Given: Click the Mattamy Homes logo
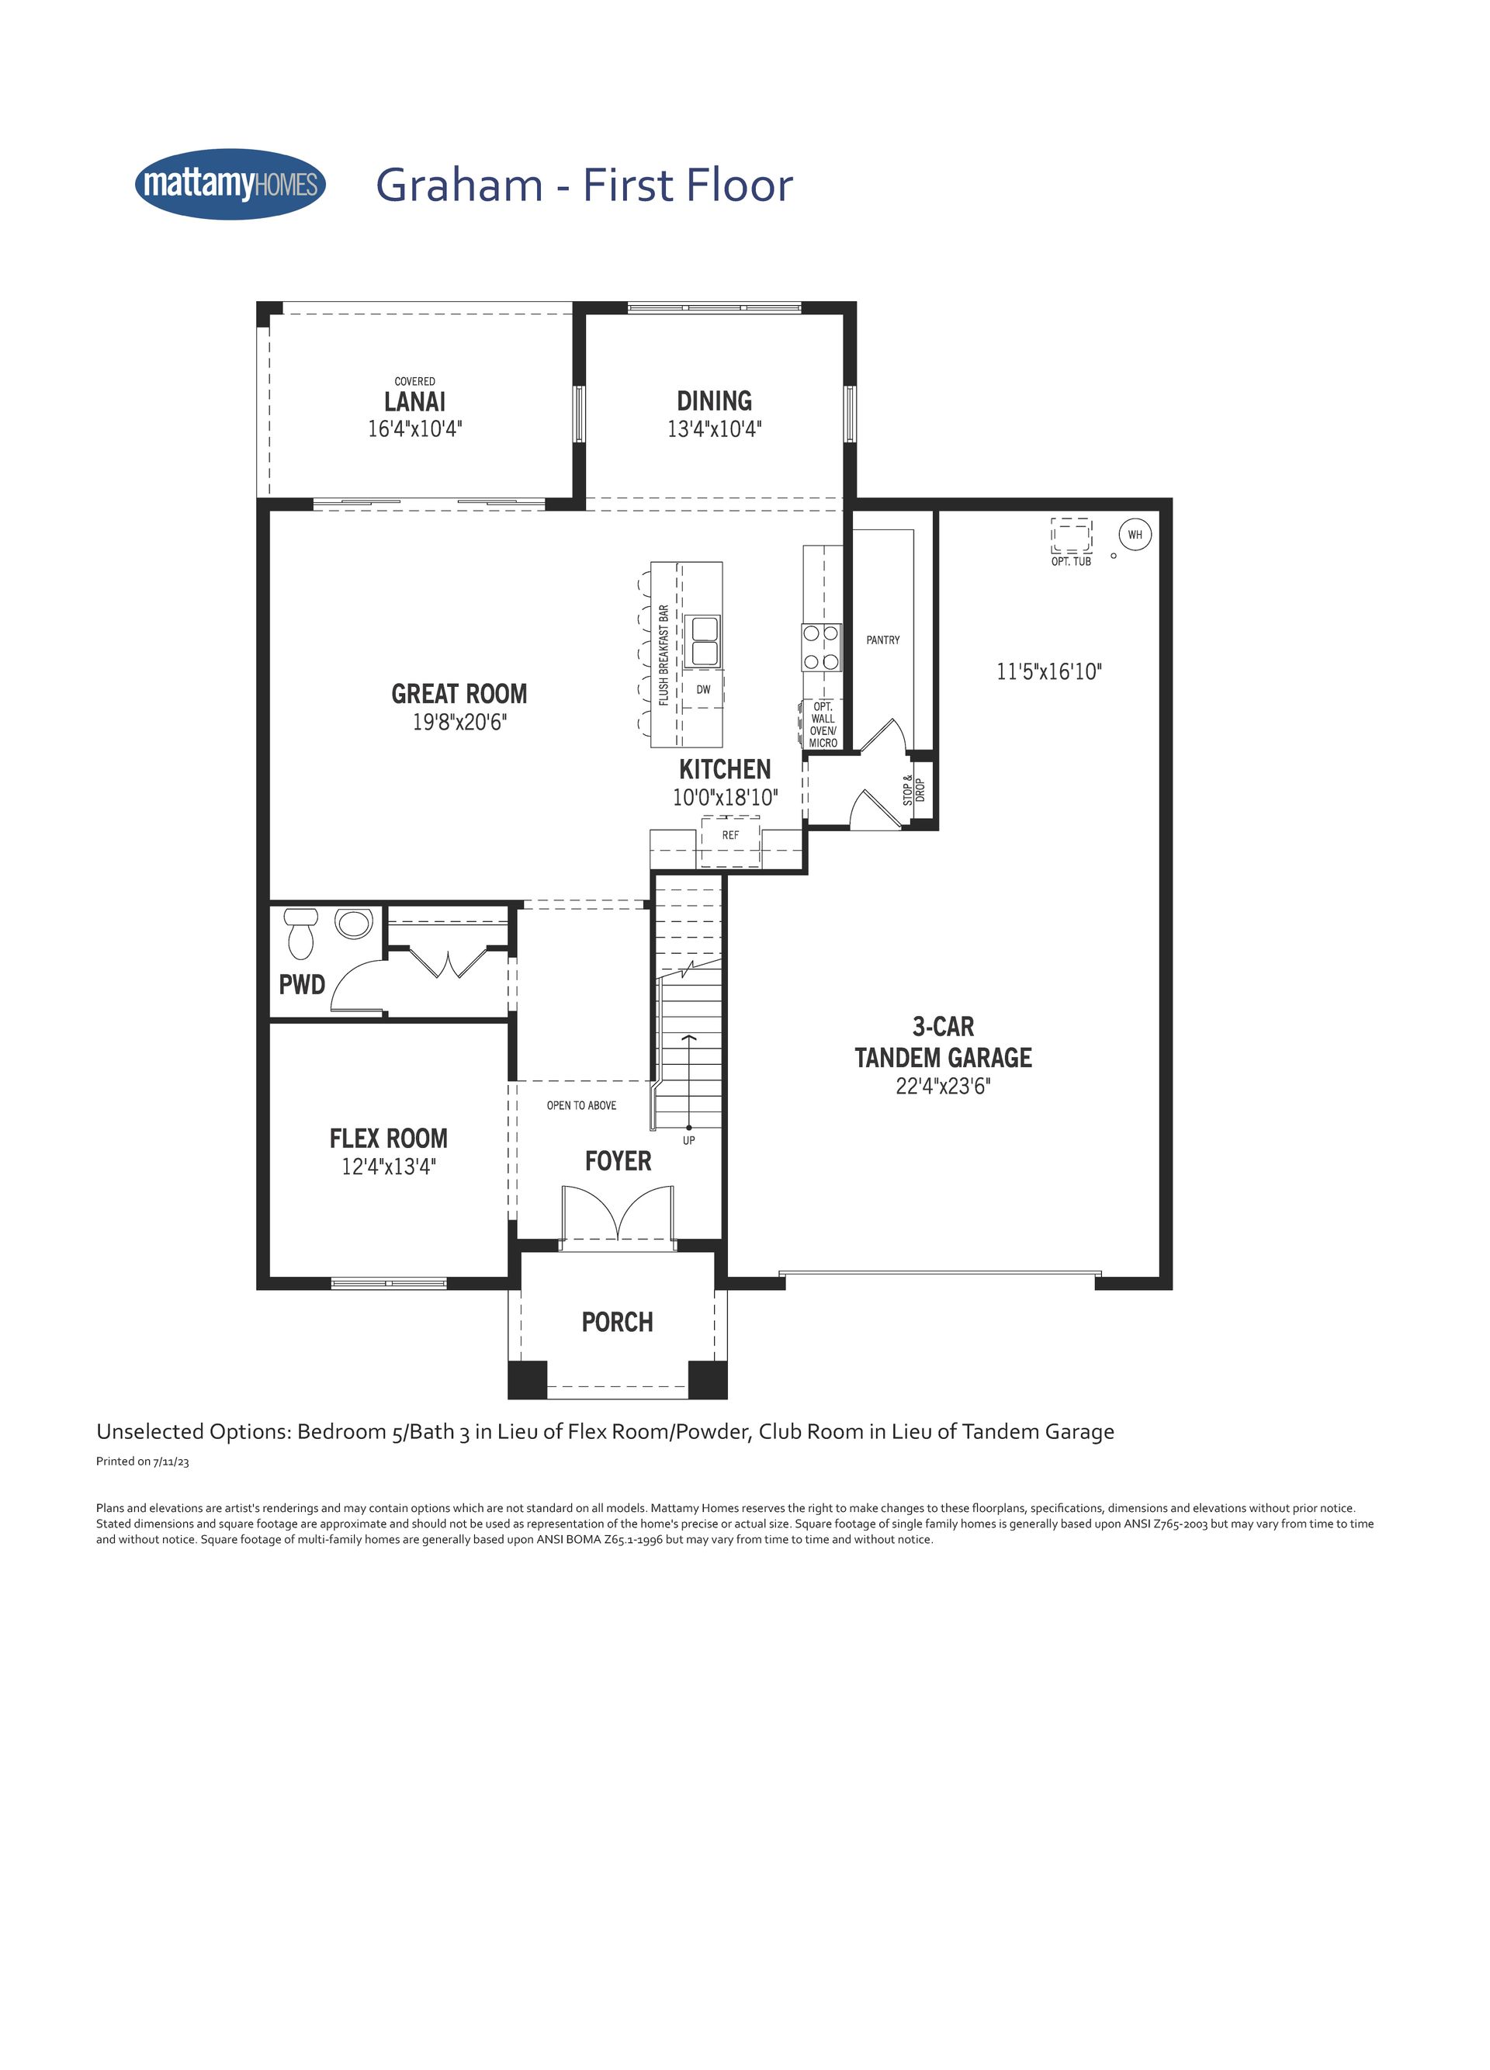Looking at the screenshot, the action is click(230, 185).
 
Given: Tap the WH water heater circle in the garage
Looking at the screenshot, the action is click(1134, 535).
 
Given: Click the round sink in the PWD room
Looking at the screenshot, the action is click(353, 923).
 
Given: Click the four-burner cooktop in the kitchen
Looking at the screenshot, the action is click(820, 647).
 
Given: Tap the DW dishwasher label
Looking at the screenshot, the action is click(704, 690).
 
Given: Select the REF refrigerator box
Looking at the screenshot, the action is click(731, 841).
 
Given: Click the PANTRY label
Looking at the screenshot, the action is click(883, 640).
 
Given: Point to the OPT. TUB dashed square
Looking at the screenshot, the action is click(1071, 535).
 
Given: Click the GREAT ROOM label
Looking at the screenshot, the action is click(459, 694).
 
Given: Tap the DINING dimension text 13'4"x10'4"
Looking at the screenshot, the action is click(715, 429).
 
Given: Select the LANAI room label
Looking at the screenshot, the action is click(415, 401).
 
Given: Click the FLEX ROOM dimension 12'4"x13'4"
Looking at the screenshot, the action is click(389, 1167).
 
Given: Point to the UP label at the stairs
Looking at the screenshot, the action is click(689, 1140).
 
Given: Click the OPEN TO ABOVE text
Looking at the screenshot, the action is click(581, 1105).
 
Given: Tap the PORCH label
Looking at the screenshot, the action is click(618, 1322).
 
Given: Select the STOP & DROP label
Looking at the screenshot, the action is click(913, 790).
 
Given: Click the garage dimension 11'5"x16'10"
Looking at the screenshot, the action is click(1049, 671).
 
